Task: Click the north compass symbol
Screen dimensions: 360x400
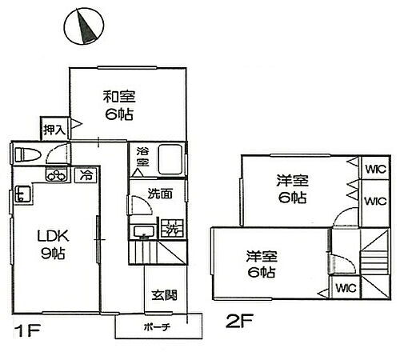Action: [x=82, y=27]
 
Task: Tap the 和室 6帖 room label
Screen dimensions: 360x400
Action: [x=118, y=106]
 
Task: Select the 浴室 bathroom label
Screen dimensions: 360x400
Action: [x=142, y=156]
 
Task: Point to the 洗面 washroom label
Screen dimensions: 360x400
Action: [x=159, y=194]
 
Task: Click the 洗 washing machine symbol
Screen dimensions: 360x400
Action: [x=171, y=229]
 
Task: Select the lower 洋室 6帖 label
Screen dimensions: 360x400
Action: [x=262, y=265]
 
